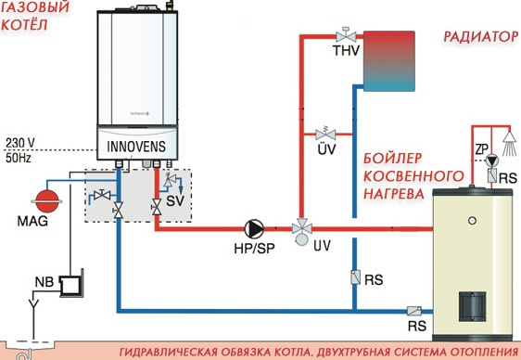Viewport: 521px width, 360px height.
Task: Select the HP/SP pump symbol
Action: coord(250,228)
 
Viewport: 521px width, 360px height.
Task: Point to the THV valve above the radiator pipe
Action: coord(340,37)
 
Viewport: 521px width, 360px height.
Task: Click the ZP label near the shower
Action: coord(482,150)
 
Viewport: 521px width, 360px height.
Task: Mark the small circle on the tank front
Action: coord(473,223)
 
